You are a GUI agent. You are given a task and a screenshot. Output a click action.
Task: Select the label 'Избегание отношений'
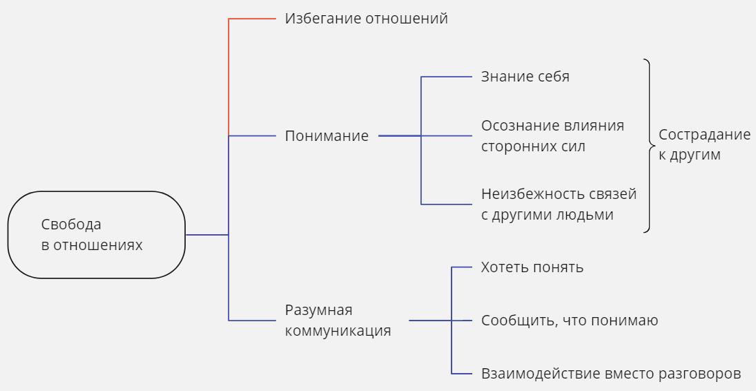367,19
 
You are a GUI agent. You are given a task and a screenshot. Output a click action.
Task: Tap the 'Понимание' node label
327,135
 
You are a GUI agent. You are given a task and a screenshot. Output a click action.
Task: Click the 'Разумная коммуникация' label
338,320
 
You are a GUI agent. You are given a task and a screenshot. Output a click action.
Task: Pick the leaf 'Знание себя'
525,76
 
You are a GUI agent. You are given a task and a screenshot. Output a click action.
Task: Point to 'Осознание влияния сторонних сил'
552,135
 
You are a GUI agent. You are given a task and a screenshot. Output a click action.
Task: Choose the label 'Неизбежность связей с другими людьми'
559,204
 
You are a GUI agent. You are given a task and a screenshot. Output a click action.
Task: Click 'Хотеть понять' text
532,267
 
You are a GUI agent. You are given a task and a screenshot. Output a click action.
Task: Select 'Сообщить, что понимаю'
570,321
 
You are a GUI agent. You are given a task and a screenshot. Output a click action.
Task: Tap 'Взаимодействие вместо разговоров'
611,374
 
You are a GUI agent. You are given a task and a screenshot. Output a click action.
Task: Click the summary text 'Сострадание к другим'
704,145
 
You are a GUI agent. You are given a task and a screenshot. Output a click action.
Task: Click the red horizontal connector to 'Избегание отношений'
252,19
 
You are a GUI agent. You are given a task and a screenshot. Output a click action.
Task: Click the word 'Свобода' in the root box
71,225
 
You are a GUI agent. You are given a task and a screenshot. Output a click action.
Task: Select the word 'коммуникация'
338,331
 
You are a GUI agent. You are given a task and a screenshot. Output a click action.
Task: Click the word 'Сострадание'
704,135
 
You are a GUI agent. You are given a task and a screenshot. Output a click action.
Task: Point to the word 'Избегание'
323,19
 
